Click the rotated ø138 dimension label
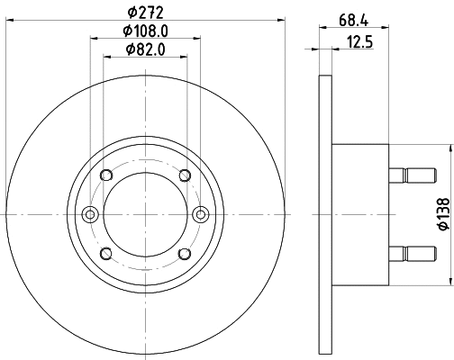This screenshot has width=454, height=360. [x=442, y=213]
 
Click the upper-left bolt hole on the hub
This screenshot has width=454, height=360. [x=105, y=175]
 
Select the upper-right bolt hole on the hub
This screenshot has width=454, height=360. [x=185, y=175]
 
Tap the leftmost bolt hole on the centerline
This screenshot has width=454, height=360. [x=89, y=214]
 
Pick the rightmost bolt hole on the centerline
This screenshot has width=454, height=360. [x=201, y=214]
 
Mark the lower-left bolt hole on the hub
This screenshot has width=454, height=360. [x=105, y=253]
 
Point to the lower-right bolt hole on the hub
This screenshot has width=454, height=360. [x=185, y=253]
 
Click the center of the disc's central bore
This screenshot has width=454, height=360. [x=145, y=214]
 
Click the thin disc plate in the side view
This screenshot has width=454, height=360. [x=325, y=214]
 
